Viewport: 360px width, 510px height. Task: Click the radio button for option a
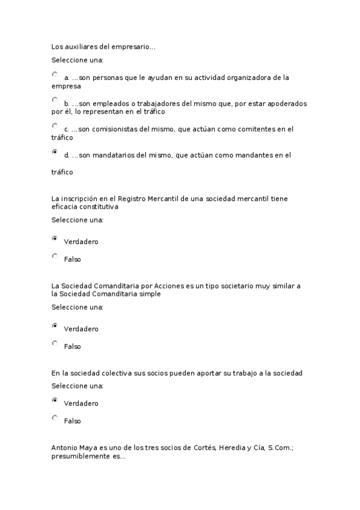coord(55,75)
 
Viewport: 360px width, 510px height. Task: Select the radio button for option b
coord(55,100)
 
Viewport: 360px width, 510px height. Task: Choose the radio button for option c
coord(55,126)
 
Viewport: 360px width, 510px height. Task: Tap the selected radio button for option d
coord(55,152)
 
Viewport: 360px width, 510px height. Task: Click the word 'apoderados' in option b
coord(288,103)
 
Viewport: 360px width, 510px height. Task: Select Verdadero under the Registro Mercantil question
coord(55,239)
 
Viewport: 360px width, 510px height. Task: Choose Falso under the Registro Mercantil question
coord(55,256)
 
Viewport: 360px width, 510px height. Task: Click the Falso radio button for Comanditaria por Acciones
coord(55,343)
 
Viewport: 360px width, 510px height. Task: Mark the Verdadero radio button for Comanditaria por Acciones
coord(55,326)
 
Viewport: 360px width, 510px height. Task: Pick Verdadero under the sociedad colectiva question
coord(55,400)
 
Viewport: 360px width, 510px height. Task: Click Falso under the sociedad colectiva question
coord(55,417)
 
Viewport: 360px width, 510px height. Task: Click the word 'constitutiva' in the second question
coord(99,206)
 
